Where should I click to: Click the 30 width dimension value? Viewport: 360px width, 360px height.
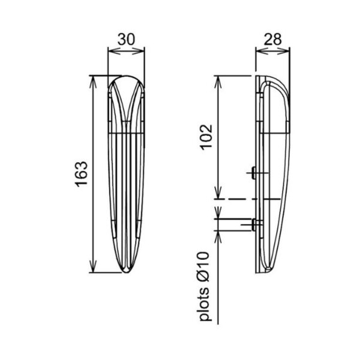pos(126,39)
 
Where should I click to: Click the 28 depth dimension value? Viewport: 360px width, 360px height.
pos(272,39)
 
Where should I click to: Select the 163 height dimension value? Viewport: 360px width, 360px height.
pos(82,174)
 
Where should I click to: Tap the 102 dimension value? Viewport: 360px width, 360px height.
pos(206,137)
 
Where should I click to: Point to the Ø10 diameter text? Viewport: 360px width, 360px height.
pos(204,266)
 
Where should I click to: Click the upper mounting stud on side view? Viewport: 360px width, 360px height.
pos(253,173)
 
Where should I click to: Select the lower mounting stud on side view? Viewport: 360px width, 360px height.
pos(253,225)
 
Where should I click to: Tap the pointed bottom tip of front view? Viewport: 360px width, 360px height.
pos(126,272)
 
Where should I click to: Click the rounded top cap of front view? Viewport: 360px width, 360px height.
pos(126,81)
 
